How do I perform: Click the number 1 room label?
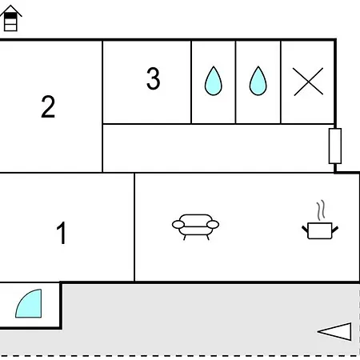62,233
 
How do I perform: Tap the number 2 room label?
48,106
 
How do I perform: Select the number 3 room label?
154,78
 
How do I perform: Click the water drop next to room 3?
213,81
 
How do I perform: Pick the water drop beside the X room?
258,81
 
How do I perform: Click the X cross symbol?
308,82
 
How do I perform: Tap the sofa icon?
195,227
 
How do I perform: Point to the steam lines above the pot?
321,210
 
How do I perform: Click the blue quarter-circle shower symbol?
30,305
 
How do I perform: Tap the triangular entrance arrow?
334,332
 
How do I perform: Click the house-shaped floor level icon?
10,18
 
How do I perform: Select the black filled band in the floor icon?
10,16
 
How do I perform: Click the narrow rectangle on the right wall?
335,146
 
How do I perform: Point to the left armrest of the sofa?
178,225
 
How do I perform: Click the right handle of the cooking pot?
335,230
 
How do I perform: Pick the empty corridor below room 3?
218,148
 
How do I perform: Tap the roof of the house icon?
10,10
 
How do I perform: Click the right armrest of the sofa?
213,225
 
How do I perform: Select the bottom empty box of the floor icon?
10,27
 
